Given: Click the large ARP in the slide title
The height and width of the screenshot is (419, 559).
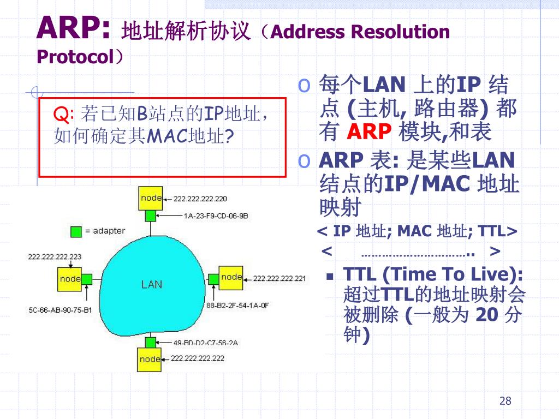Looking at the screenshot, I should (x=73, y=28).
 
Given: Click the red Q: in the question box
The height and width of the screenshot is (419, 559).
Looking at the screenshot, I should (x=64, y=115).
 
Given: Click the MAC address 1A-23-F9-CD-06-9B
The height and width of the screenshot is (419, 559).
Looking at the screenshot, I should (x=216, y=216).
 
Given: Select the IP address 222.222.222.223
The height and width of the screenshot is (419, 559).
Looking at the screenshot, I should (x=55, y=256).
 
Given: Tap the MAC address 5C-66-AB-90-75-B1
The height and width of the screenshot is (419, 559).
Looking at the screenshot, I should (x=60, y=310).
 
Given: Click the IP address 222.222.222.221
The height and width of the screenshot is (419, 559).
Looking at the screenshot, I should (x=280, y=279).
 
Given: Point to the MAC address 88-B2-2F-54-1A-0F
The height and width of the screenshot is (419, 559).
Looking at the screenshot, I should (x=238, y=306).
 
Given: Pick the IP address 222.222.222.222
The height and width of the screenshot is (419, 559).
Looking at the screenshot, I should (x=198, y=358).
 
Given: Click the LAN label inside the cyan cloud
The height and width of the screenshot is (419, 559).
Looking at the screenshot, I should (x=152, y=284).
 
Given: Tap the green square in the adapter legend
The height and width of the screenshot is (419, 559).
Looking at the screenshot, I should (x=76, y=231).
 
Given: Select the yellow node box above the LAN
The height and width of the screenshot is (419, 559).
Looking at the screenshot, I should (x=151, y=199).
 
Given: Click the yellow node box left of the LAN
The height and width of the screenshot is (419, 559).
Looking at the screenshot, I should (x=70, y=279).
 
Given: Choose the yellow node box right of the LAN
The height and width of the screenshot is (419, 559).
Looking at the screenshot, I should (x=231, y=277).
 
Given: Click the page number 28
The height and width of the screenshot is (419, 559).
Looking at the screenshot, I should (x=505, y=402).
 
